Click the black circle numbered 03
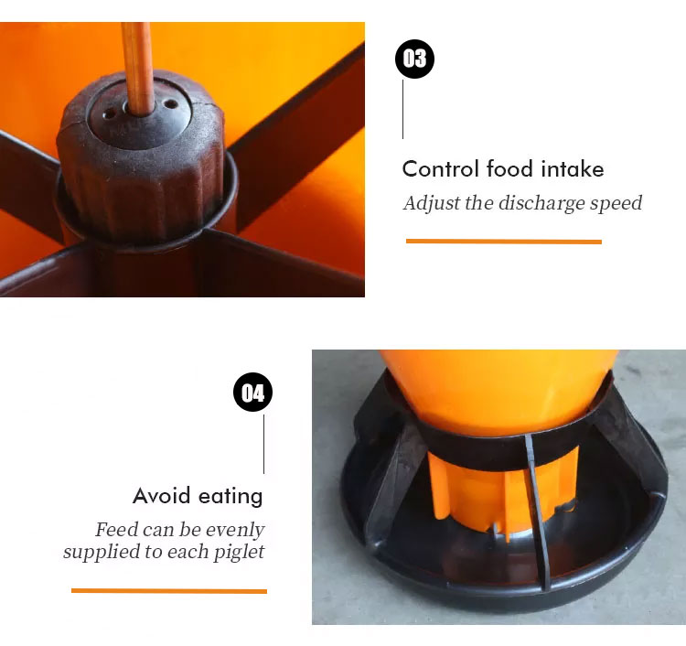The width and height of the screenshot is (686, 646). [414, 59]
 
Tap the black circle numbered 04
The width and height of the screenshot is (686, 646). [252, 393]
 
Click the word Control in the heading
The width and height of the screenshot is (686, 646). [441, 169]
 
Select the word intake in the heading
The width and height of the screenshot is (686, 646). [573, 169]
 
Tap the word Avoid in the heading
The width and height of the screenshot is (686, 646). [161, 496]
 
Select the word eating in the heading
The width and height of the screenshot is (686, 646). [230, 497]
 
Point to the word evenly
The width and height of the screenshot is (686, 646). [235, 531]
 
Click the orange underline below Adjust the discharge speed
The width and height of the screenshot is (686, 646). [504, 242]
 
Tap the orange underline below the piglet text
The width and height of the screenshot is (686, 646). [169, 591]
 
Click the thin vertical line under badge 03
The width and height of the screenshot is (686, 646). [403, 110]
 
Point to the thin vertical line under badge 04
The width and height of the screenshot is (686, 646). [263, 444]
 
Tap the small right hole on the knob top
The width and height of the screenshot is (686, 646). [170, 104]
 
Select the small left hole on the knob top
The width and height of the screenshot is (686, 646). [109, 114]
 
